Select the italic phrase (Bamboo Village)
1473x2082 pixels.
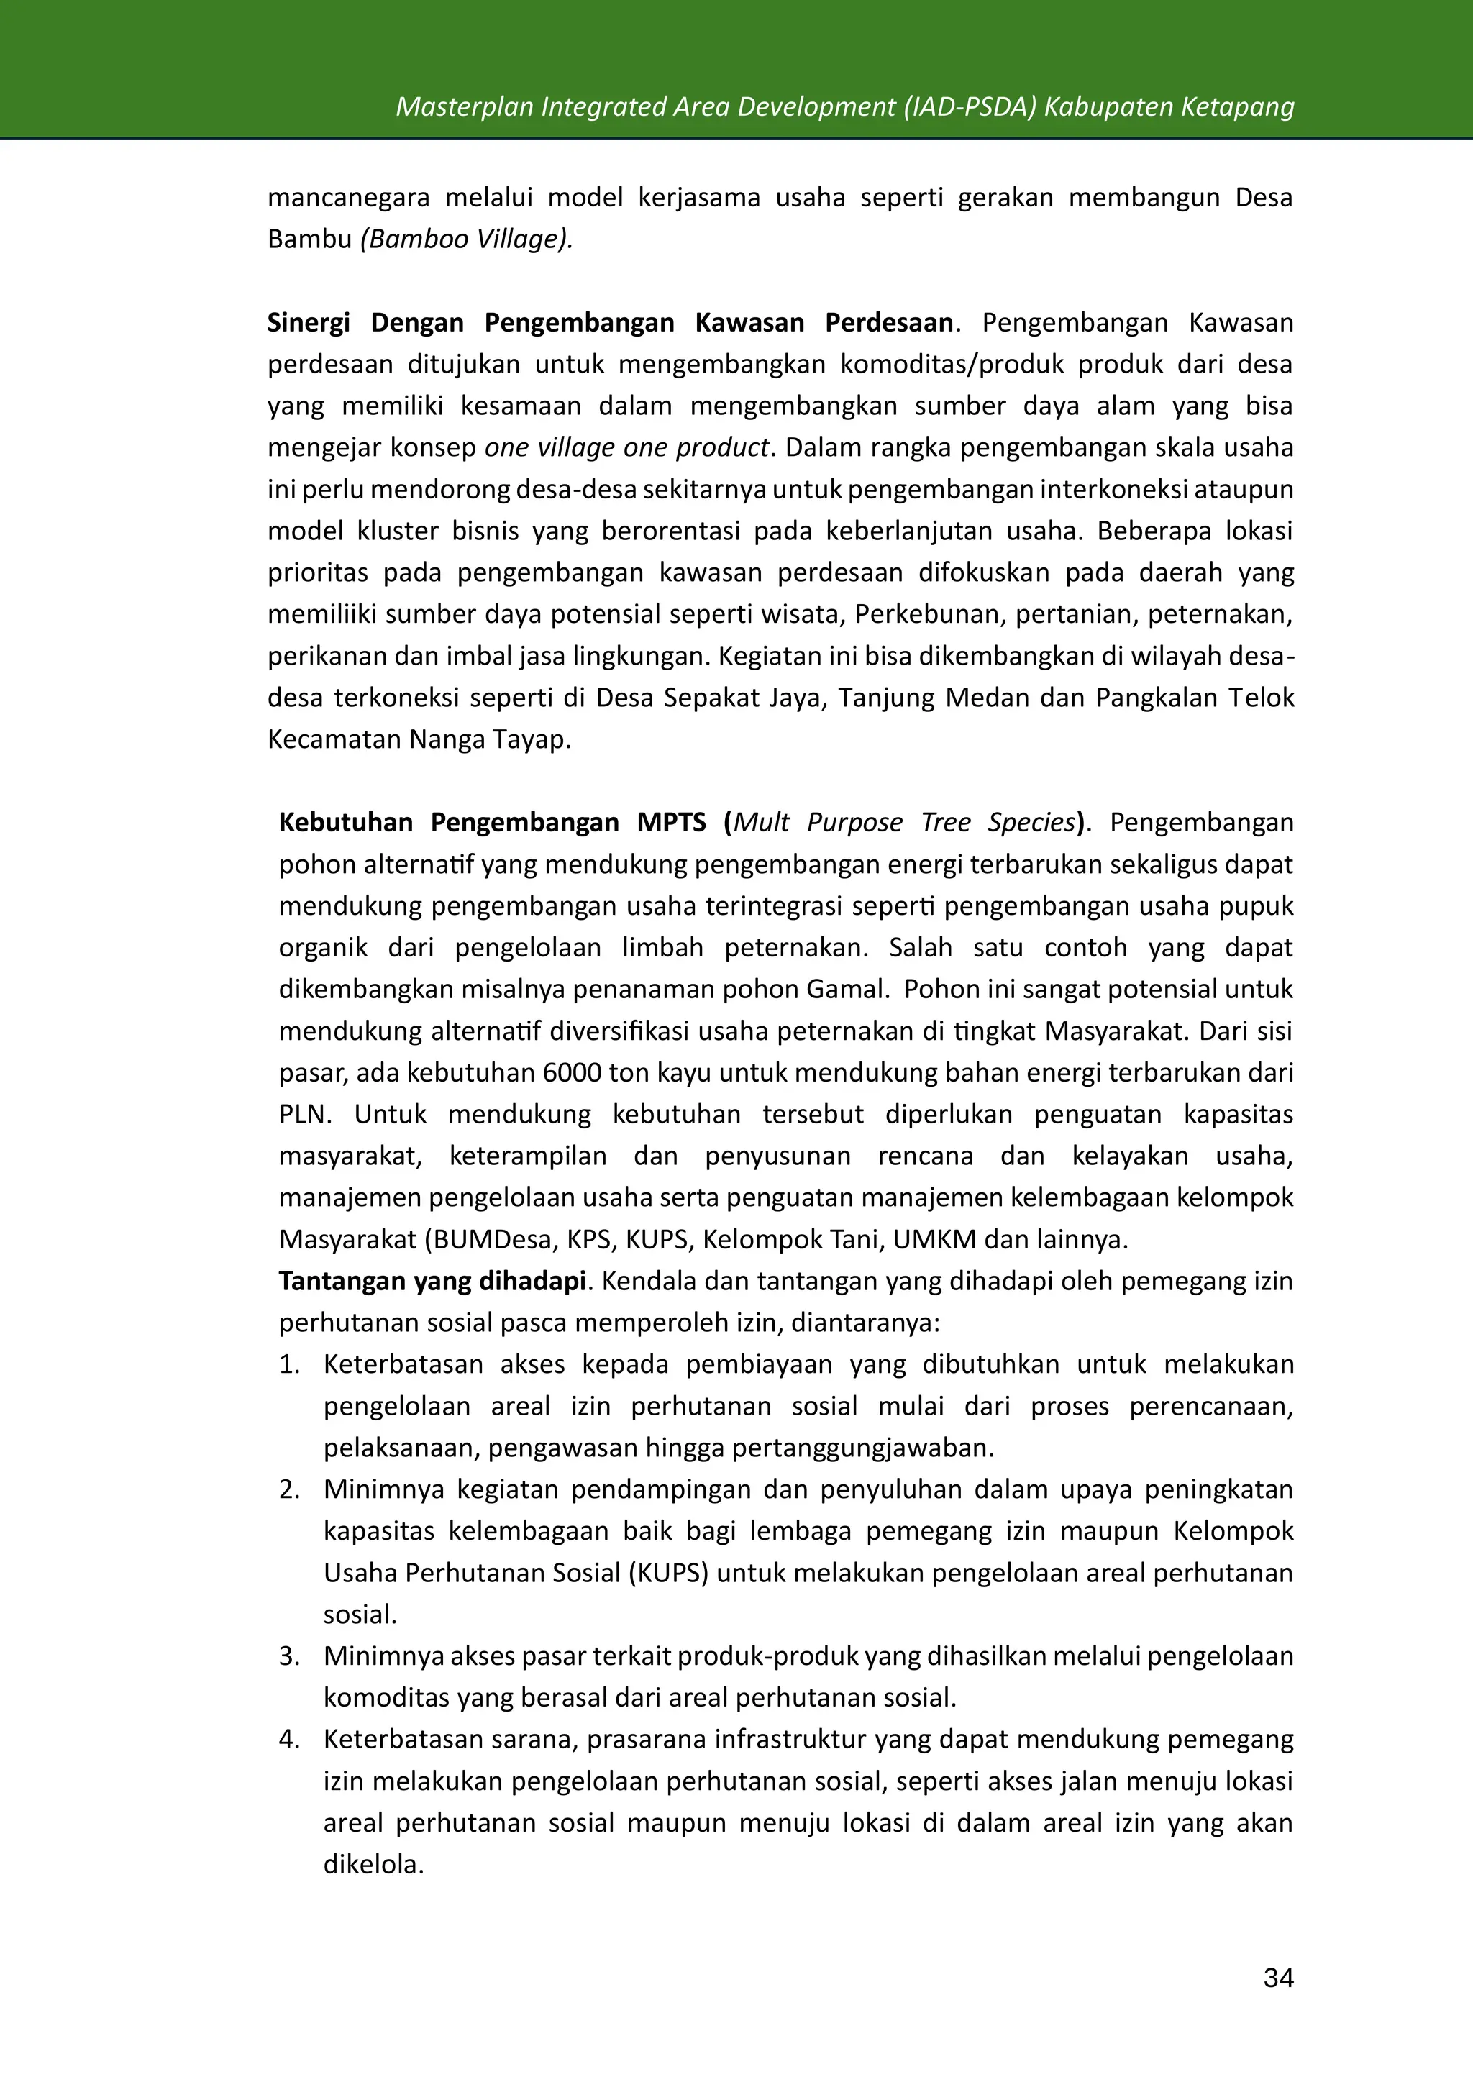(x=466, y=239)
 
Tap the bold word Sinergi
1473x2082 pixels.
(x=309, y=323)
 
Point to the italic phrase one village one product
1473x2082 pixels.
(x=626, y=448)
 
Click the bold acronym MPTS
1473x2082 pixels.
(x=671, y=823)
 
